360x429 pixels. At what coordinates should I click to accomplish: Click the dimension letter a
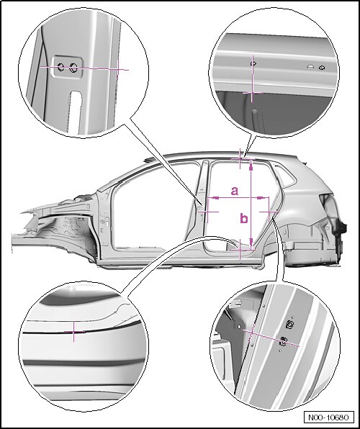coord(235,191)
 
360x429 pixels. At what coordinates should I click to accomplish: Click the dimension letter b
coord(244,218)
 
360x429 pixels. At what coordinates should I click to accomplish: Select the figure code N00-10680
coord(328,417)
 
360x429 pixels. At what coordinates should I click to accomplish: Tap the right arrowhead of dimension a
coord(261,197)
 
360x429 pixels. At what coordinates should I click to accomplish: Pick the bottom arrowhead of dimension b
coord(251,242)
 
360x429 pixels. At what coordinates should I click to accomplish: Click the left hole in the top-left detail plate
coord(60,66)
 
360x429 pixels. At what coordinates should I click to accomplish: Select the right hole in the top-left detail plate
coord(73,68)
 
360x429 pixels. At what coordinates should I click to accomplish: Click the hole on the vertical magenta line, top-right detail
coord(253,64)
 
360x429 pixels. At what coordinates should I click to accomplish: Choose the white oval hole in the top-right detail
coord(310,66)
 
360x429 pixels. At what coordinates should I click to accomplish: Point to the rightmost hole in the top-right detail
coord(322,68)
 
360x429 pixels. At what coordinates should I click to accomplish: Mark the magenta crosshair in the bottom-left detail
coord(73,332)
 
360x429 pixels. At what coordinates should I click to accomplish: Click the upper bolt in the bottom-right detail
coord(289,324)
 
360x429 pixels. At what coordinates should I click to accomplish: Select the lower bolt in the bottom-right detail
coord(284,341)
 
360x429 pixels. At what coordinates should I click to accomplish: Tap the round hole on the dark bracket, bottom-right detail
coord(239,327)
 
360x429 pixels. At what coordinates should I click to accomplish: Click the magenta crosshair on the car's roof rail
coord(240,158)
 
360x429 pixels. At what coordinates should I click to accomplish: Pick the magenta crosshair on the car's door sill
coord(240,249)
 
